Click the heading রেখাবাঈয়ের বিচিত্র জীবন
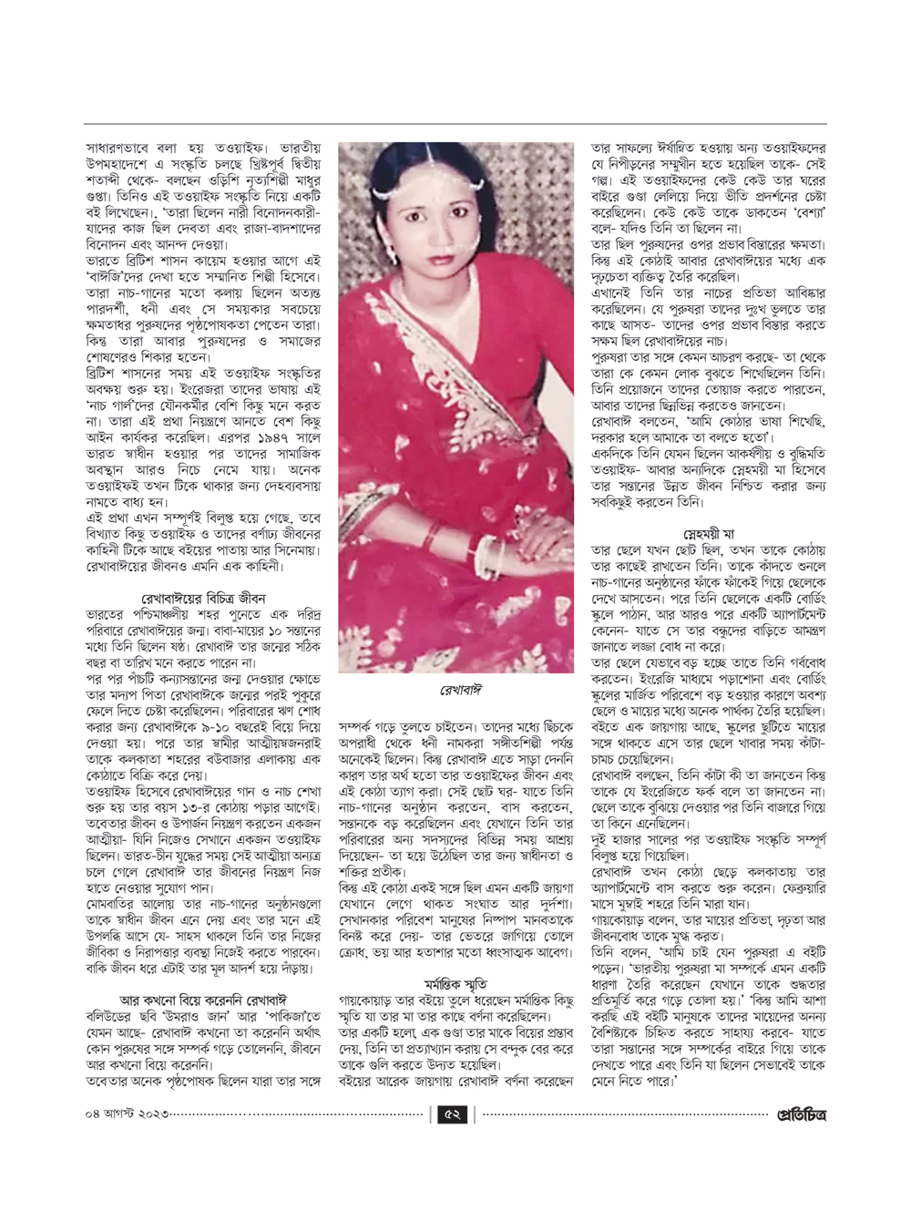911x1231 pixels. (203, 599)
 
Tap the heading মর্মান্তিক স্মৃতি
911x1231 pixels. (455, 984)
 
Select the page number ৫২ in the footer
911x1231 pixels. (452, 1114)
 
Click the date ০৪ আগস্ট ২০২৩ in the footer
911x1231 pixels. (128, 1114)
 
